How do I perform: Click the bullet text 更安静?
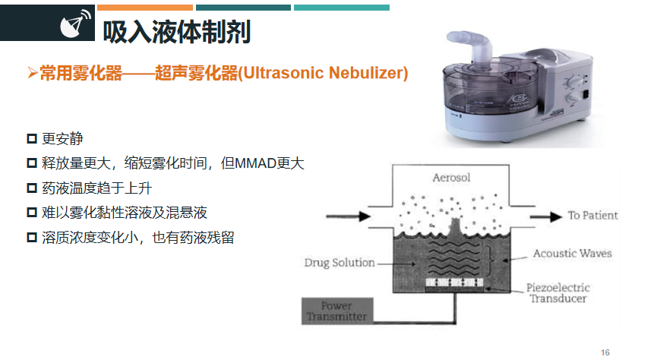pyautogui.click(x=63, y=139)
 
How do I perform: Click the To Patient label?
pyautogui.click(x=592, y=215)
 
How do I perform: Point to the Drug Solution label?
pyautogui.click(x=339, y=263)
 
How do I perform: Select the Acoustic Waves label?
pyautogui.click(x=572, y=253)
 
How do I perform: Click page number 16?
pyautogui.click(x=605, y=352)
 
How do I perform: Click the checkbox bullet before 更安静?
pyautogui.click(x=32, y=139)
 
